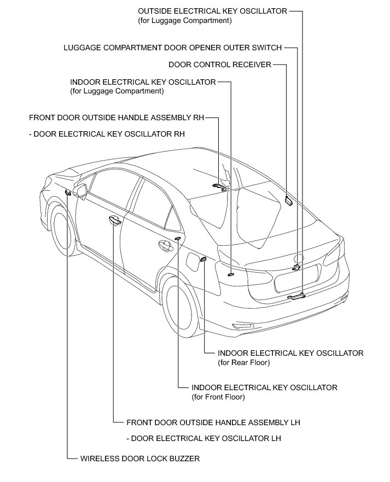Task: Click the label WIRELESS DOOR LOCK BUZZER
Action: tap(139, 459)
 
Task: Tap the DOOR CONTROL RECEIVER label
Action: tap(220, 65)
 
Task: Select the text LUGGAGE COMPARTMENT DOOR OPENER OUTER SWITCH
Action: tap(173, 48)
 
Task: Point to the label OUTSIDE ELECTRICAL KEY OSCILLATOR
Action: tap(213, 10)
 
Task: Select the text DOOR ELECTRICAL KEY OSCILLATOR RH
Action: tap(107, 133)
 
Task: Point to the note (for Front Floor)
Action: tap(218, 397)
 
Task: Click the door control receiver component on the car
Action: tap(288, 201)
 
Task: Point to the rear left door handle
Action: tap(164, 245)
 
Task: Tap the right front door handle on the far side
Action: tap(220, 185)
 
